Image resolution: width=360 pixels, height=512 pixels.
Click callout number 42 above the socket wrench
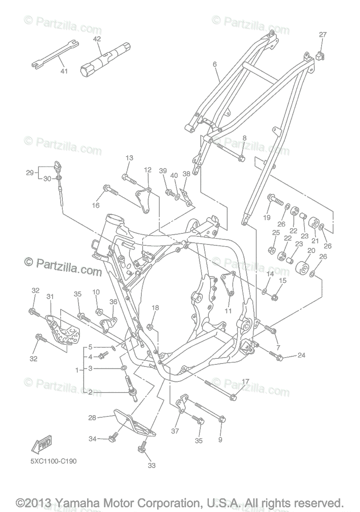(97, 39)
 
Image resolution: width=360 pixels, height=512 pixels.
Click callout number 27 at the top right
(322, 35)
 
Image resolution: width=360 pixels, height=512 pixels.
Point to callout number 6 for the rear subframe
(215, 64)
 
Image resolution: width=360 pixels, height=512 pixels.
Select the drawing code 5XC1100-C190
(53, 461)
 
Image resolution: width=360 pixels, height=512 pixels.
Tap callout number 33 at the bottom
(152, 465)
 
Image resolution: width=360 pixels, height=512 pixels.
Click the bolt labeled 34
(113, 437)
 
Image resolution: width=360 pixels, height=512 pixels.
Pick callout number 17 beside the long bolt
(246, 381)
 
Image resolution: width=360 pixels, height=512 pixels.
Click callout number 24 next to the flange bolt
(301, 355)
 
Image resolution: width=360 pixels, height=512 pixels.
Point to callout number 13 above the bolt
(129, 158)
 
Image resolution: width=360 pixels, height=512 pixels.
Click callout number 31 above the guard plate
(50, 297)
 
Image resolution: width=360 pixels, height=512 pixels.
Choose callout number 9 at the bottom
(220, 439)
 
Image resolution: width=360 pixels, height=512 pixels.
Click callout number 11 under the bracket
(228, 311)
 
